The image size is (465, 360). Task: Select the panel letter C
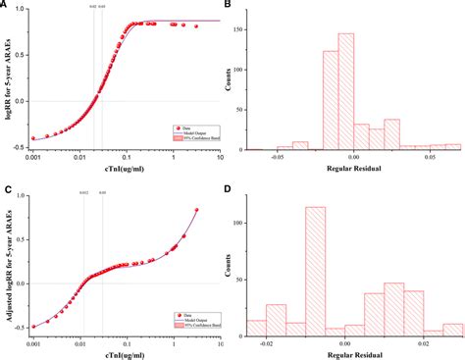click(6, 186)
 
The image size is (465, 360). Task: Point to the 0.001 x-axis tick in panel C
click(32, 336)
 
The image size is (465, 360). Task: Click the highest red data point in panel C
click(196, 209)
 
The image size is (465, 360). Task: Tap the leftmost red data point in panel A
click(33, 138)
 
